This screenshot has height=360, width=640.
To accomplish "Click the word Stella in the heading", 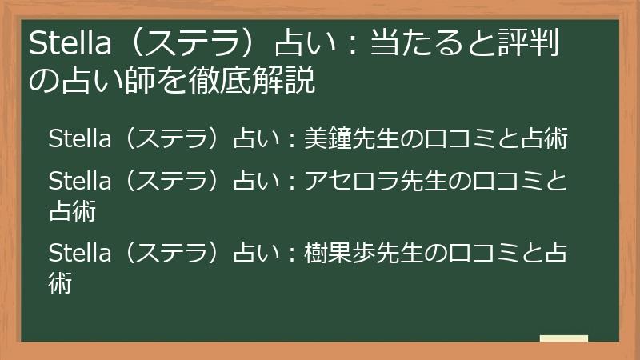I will (x=65, y=45).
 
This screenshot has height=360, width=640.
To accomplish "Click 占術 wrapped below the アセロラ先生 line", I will (x=73, y=211).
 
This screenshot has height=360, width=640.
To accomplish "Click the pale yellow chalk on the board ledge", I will (x=563, y=338).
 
